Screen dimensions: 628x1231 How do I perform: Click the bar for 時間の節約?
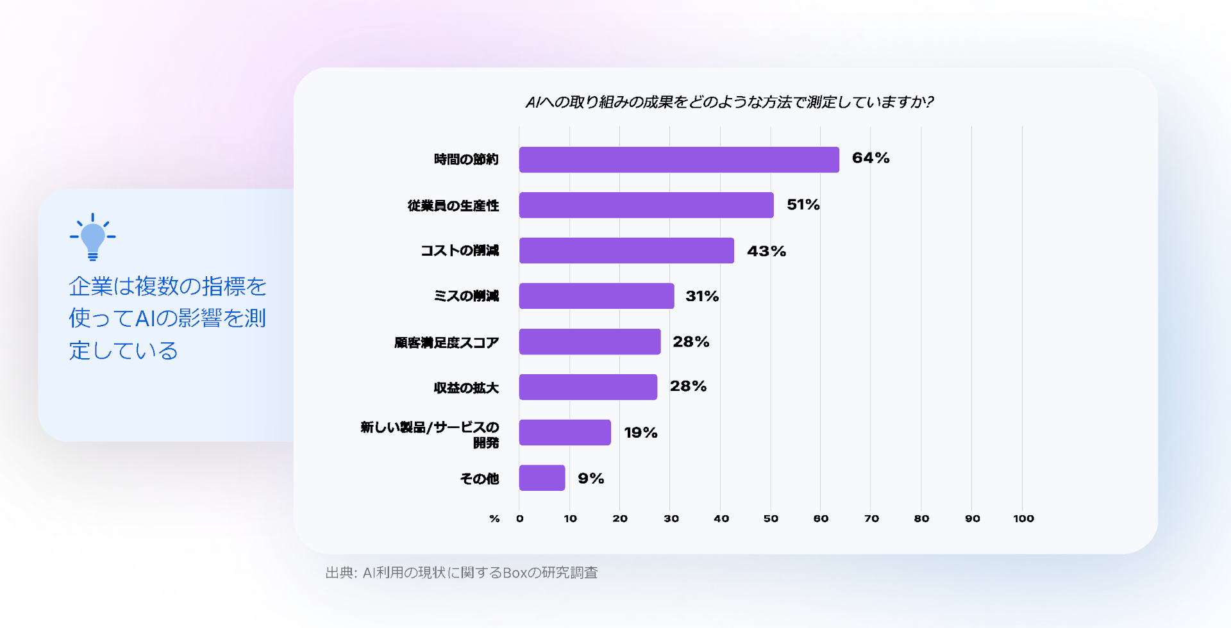point(678,160)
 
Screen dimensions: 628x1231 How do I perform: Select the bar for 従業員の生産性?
point(646,205)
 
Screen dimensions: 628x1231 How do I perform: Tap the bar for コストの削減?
point(626,251)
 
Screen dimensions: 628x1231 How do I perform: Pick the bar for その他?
point(542,478)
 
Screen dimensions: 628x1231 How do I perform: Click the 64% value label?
point(870,158)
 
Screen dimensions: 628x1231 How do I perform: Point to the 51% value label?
point(803,204)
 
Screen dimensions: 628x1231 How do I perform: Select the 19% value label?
point(641,433)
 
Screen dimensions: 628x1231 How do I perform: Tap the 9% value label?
point(590,478)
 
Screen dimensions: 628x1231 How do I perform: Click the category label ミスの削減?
point(466,296)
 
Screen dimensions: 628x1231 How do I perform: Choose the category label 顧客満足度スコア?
point(446,343)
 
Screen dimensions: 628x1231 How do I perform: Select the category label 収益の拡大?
point(466,388)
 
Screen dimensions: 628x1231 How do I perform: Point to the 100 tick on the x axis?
point(1023,518)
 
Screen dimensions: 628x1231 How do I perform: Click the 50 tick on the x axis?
point(771,518)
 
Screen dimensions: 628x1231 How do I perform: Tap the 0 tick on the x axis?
point(519,518)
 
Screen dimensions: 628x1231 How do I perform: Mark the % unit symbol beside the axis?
point(494,518)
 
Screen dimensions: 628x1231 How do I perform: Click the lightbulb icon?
point(93,236)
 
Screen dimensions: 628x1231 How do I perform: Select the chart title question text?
point(729,103)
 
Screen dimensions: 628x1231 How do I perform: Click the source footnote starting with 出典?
point(461,572)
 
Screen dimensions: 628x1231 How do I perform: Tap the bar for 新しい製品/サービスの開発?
point(564,433)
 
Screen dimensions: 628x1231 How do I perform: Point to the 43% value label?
point(766,251)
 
